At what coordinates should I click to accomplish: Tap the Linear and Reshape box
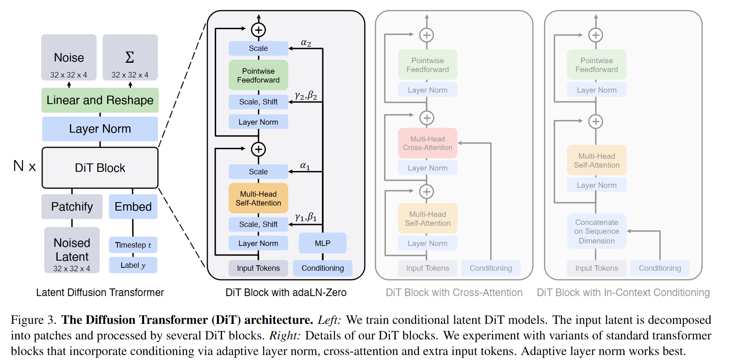coord(100,100)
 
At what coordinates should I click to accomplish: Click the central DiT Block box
coord(100,168)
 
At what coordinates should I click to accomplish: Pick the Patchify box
coord(72,206)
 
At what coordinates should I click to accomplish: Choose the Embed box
coord(133,206)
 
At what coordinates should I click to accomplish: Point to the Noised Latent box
coord(72,250)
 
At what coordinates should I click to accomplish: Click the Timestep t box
coord(133,245)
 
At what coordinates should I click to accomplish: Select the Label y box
coord(133,265)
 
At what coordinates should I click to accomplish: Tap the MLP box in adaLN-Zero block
coord(322,243)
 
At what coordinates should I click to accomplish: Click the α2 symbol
coord(306,43)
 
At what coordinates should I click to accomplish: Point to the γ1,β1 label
coord(306,217)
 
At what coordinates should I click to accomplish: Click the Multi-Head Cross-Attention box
coord(428,143)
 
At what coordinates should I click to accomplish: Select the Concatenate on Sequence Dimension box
coord(597,231)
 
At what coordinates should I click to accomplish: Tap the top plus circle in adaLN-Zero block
coord(258,30)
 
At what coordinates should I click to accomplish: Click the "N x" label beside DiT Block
coord(24,166)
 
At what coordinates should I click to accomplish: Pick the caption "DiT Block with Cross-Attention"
coord(454,293)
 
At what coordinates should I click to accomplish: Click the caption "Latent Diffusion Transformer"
coord(100,293)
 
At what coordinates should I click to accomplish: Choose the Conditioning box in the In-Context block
coord(660,268)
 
